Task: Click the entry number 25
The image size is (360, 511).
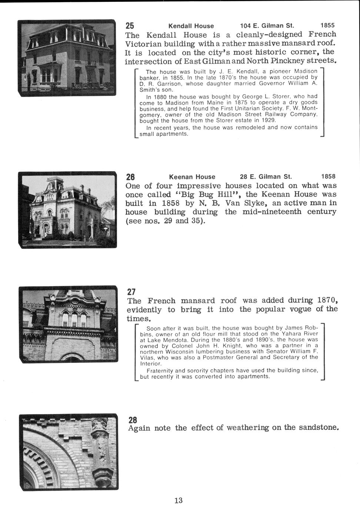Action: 130,26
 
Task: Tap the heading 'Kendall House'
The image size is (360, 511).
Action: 191,26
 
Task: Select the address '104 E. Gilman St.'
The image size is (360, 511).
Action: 267,26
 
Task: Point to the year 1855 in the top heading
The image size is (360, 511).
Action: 327,26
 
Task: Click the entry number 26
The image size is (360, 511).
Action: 130,177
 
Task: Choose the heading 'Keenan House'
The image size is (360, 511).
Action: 192,177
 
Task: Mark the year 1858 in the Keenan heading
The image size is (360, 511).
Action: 328,177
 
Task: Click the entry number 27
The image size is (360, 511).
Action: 131,292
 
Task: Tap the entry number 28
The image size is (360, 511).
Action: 132,420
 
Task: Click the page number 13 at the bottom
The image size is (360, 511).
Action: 178,501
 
